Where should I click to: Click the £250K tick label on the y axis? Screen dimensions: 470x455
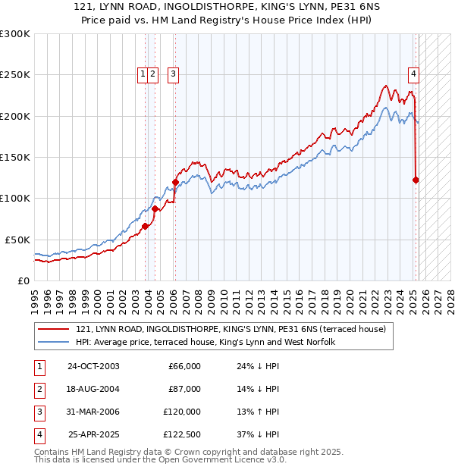[15, 75]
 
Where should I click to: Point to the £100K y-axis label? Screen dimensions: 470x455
[15, 198]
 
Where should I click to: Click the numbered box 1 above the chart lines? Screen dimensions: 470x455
[143, 74]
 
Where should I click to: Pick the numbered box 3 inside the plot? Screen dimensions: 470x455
[174, 74]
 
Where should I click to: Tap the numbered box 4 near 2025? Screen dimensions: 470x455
[413, 74]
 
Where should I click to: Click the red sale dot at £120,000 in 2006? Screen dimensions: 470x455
[175, 182]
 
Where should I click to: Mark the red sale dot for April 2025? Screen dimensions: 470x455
[416, 180]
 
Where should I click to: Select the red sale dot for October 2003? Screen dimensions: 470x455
[145, 226]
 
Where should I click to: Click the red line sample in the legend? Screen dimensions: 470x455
[54, 329]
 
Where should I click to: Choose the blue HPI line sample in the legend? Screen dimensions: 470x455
[54, 342]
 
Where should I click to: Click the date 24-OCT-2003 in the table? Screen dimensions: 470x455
[93, 366]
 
